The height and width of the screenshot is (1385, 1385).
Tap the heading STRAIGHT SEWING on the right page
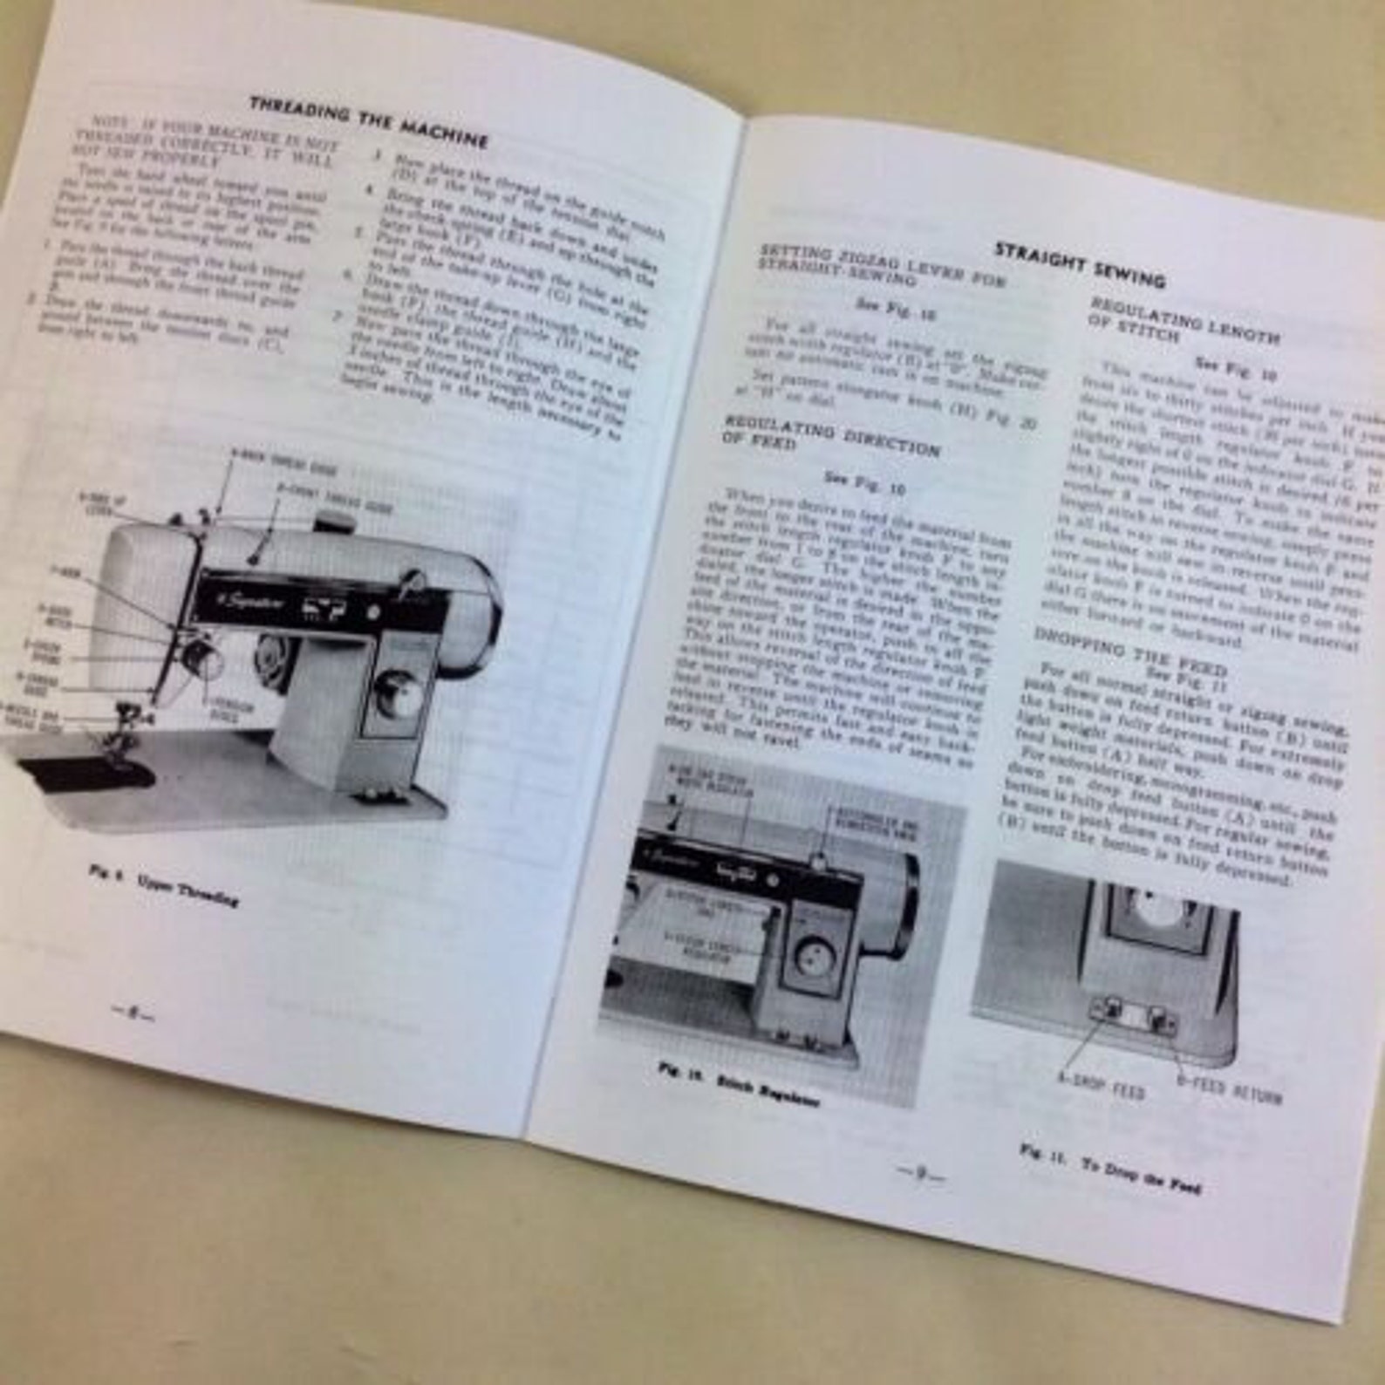(1080, 263)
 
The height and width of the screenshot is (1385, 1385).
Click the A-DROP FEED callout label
(1102, 1087)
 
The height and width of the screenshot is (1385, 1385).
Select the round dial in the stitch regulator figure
(815, 955)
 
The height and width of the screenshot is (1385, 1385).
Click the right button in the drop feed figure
(1158, 1017)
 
